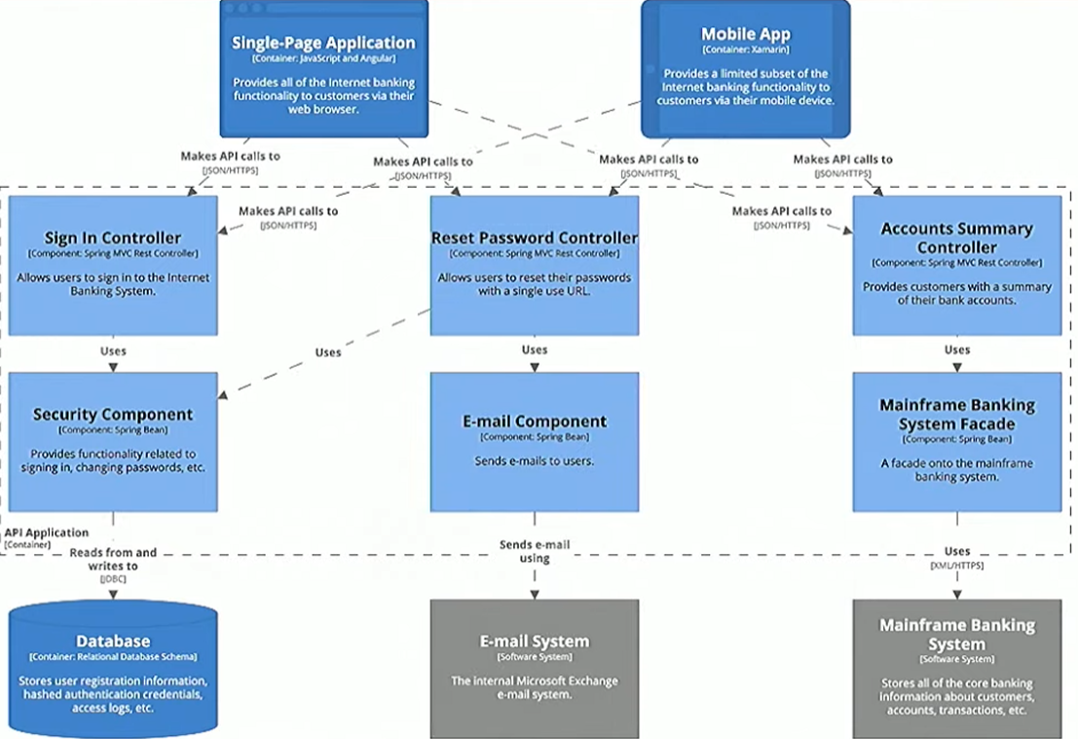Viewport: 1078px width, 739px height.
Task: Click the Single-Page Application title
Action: click(323, 43)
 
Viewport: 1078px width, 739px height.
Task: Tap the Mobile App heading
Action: click(745, 34)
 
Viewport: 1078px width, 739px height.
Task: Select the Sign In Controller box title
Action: click(113, 238)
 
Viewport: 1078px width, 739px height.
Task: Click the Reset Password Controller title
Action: click(535, 238)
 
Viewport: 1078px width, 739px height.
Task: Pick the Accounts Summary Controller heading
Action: click(956, 238)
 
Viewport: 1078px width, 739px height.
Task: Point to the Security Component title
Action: click(113, 414)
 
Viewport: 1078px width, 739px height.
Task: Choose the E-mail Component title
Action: click(535, 422)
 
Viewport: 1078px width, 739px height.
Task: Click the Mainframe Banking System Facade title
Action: click(956, 414)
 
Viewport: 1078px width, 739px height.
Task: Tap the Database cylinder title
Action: click(113, 641)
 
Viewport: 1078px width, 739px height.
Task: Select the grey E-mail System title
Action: click(535, 642)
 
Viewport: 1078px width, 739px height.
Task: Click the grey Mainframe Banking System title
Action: click(956, 634)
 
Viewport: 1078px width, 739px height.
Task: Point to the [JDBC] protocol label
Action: click(113, 579)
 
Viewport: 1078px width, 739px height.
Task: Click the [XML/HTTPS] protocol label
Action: click(956, 566)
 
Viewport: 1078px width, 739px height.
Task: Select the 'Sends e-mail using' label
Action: click(535, 551)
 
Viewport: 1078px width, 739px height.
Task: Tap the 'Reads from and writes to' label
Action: click(113, 559)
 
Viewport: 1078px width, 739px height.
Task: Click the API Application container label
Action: click(47, 533)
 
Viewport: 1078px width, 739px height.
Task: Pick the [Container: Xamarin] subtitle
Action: click(745, 50)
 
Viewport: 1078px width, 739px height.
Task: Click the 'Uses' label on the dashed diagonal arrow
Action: click(328, 352)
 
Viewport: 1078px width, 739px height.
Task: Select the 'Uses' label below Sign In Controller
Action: click(113, 351)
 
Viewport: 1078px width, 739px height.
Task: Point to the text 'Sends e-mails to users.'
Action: click(535, 461)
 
